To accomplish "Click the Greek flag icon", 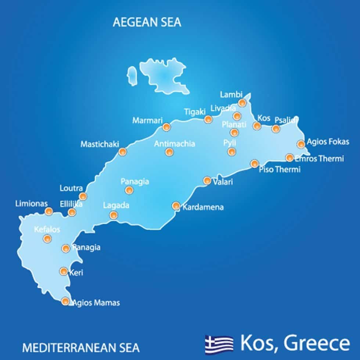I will pos(219,343).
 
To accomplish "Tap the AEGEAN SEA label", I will pos(147,22).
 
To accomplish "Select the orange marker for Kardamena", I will pos(176,206).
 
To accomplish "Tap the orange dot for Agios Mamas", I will pos(65,301).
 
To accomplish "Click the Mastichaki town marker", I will pos(122,151).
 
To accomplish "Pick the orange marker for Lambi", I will pos(242,103).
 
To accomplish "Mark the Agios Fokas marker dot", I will pos(301,144).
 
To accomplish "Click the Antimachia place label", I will pos(174,144).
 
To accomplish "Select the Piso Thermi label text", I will pos(280,169).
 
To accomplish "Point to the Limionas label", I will pos(32,203).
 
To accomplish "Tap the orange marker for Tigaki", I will pos(208,119).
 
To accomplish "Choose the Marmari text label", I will pos(147,120).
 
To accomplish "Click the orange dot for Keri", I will pos(64,271).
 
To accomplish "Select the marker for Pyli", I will pos(231,151).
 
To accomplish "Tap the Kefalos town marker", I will pos(47,239).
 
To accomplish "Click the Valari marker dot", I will pos(207,180).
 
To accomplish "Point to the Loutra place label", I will pos(71,188).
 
